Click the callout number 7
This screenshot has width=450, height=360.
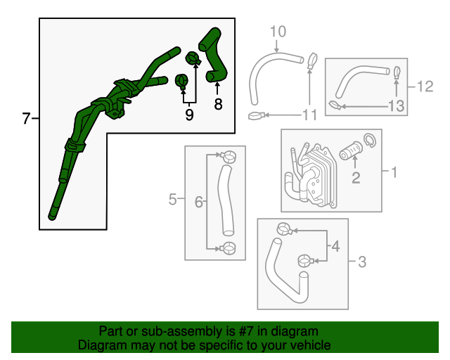click(26, 119)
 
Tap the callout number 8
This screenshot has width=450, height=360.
click(218, 105)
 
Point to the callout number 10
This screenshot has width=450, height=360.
click(278, 31)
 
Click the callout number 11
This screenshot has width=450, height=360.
click(310, 115)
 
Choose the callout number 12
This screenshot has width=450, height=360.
click(424, 87)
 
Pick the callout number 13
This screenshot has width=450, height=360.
click(397, 106)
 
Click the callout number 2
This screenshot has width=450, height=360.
click(356, 178)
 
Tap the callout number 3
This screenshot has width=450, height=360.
click(362, 263)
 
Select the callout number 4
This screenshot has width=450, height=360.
click(335, 247)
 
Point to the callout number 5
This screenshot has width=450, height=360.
click(173, 201)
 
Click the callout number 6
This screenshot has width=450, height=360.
click(198, 202)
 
